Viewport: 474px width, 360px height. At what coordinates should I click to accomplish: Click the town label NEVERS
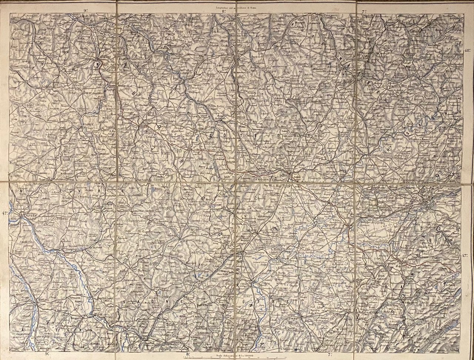click(x=28, y=214)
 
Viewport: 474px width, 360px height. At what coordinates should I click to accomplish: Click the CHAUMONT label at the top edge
click(x=331, y=16)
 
